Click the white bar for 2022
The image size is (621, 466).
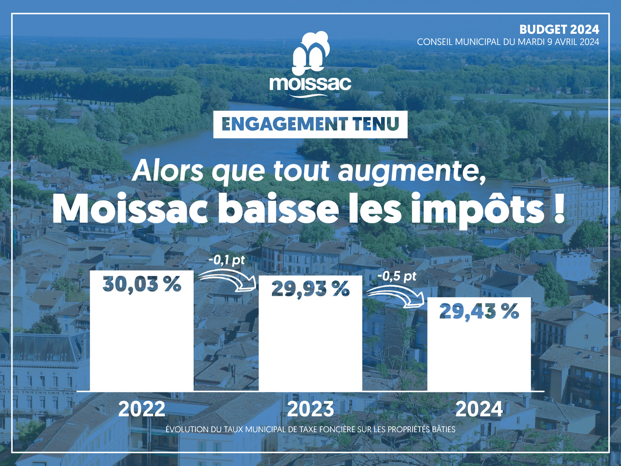(x=141, y=331)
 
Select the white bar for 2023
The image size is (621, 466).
(x=310, y=333)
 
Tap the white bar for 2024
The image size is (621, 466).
(x=479, y=344)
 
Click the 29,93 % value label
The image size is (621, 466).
(x=310, y=289)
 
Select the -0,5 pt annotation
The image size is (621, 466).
(x=397, y=277)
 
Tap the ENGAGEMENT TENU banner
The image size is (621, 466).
(x=310, y=125)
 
